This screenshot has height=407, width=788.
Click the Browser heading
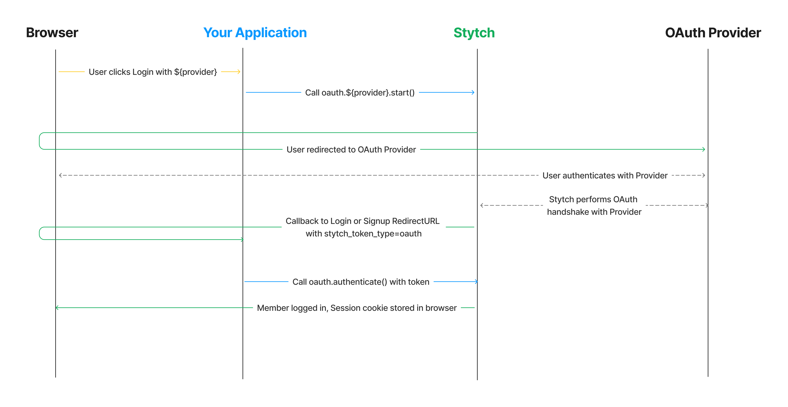tap(52, 33)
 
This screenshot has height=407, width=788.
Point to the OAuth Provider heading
tap(713, 33)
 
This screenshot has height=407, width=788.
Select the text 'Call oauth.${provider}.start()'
tap(360, 93)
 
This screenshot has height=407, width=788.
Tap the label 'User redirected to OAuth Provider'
tap(351, 150)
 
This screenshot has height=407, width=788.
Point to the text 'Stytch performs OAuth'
tap(593, 199)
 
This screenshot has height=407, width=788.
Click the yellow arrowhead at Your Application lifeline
tap(239, 72)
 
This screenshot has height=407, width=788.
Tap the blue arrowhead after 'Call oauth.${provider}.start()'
tap(473, 92)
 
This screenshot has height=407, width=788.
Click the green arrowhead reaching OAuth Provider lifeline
tap(704, 150)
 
